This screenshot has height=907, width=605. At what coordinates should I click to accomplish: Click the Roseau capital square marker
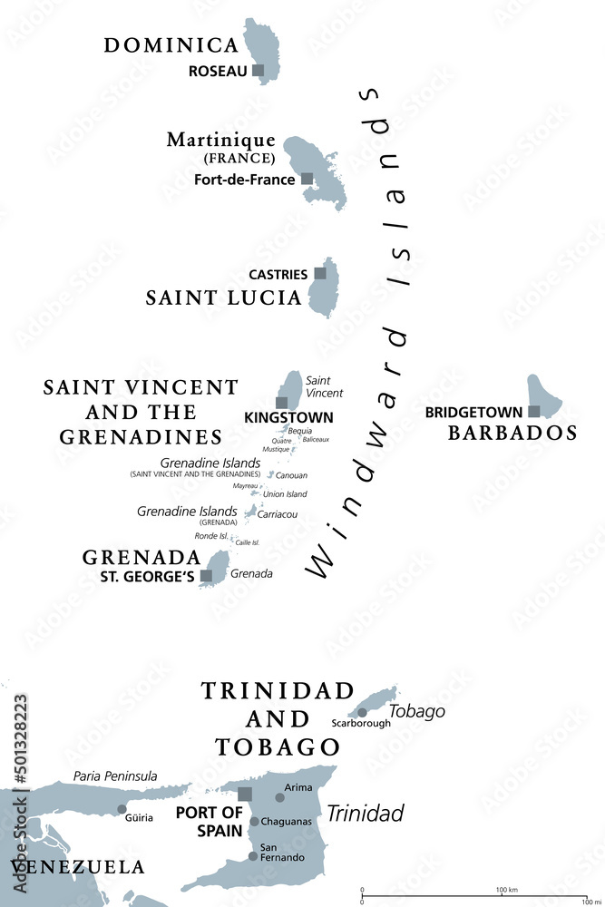pyautogui.click(x=259, y=70)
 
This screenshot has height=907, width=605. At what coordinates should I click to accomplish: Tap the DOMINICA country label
pyautogui.click(x=171, y=44)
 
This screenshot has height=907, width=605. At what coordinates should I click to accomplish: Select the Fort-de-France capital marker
pyautogui.click(x=307, y=179)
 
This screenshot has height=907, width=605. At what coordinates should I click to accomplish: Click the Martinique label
pyautogui.click(x=220, y=140)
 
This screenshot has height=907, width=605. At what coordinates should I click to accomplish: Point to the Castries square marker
pyautogui.click(x=320, y=273)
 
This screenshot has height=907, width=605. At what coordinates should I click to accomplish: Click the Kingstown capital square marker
pyautogui.click(x=282, y=402)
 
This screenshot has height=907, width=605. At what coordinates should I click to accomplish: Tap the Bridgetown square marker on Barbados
pyautogui.click(x=534, y=411)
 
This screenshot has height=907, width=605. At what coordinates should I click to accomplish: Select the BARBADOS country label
pyautogui.click(x=512, y=433)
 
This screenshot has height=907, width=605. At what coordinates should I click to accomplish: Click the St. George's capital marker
pyautogui.click(x=207, y=575)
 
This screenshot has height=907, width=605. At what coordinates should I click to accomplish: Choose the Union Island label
pyautogui.click(x=285, y=494)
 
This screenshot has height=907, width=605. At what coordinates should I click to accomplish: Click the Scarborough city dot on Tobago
pyautogui.click(x=362, y=712)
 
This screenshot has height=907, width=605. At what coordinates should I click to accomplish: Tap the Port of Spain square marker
pyautogui.click(x=245, y=794)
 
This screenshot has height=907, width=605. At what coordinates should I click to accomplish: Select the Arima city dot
pyautogui.click(x=280, y=798)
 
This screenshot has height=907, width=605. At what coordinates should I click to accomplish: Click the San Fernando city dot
pyautogui.click(x=253, y=855)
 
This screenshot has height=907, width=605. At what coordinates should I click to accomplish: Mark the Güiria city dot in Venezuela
pyautogui.click(x=122, y=809)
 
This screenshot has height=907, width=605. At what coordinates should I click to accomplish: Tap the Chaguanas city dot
pyautogui.click(x=255, y=822)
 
